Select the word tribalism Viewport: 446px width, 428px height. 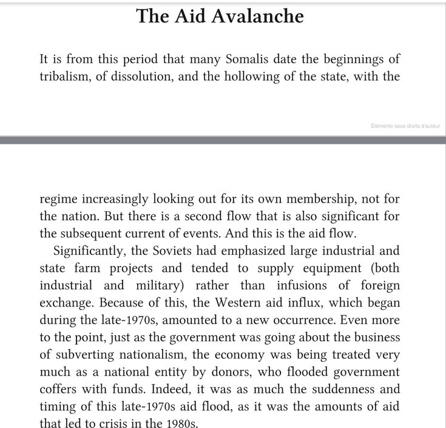coord(65,77)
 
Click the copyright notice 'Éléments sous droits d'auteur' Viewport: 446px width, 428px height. coord(405,126)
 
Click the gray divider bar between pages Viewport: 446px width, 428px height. coord(223,140)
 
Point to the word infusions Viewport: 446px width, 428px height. coord(306,285)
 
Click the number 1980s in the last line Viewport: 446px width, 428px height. coord(179,423)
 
